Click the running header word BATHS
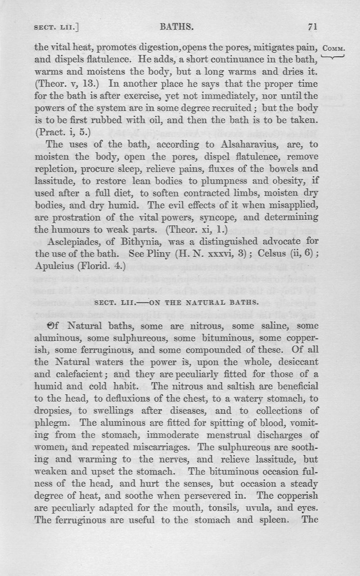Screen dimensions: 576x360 (x=177, y=27)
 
